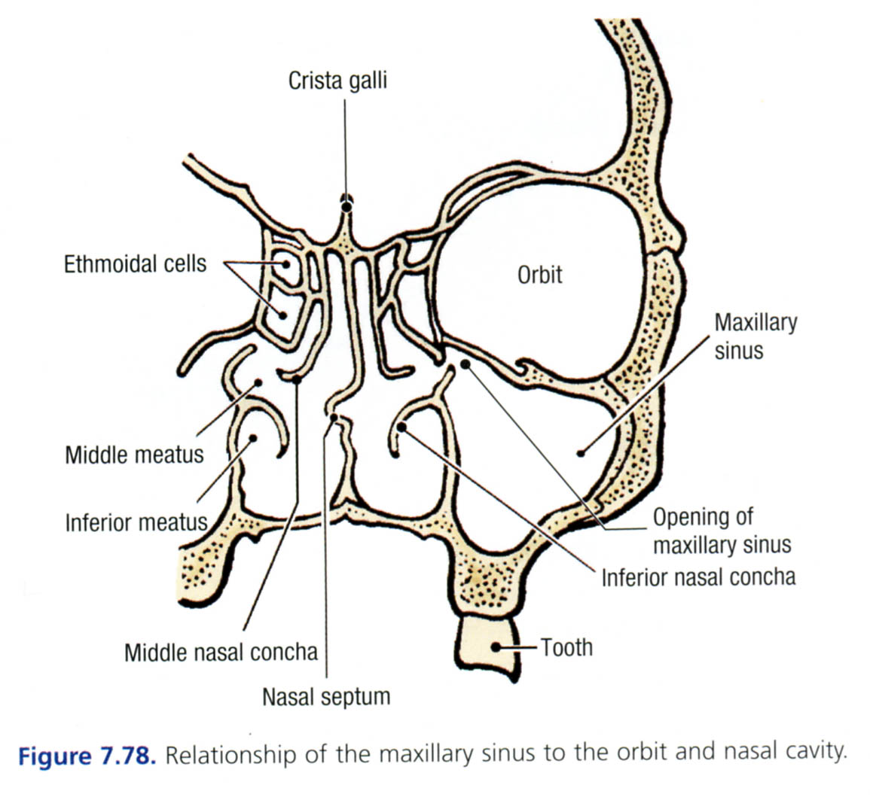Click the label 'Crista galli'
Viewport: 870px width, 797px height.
337,81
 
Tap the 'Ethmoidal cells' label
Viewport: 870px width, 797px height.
135,264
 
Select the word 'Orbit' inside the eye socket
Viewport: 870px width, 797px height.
539,275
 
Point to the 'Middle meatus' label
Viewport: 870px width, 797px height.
134,455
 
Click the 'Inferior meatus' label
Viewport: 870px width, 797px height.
136,522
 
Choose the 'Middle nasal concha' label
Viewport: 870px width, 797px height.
221,651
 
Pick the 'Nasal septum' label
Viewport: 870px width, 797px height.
326,696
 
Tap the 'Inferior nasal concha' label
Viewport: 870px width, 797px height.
698,577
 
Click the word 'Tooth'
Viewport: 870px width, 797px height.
566,647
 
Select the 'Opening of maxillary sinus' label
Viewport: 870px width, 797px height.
722,531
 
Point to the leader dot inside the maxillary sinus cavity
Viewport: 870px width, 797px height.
581,452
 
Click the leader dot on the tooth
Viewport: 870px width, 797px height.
496,647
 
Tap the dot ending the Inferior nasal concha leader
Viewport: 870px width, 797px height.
401,427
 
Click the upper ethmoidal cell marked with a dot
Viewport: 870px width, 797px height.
286,264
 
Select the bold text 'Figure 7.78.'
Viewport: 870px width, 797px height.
87,755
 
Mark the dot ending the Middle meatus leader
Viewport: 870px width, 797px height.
258,383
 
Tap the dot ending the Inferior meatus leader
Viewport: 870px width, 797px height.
254,439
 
